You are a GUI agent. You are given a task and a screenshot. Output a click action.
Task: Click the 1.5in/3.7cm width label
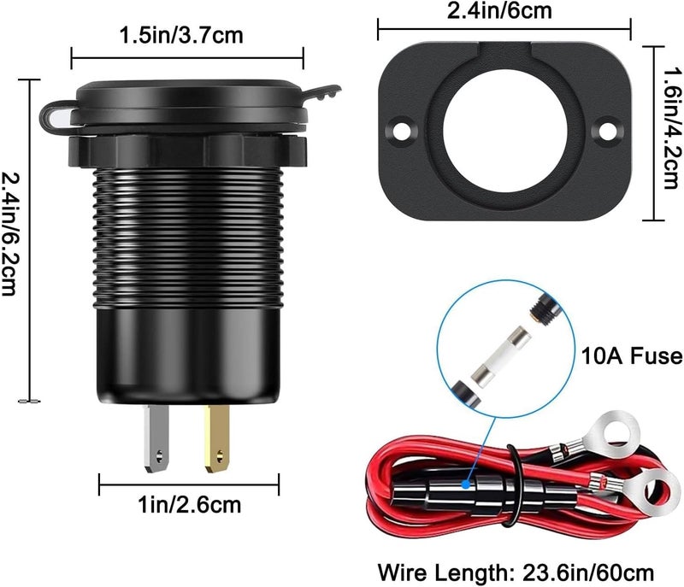pyautogui.click(x=181, y=35)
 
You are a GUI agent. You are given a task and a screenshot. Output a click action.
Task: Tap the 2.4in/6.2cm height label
pyautogui.click(x=9, y=235)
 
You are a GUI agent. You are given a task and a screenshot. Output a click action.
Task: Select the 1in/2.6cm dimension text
pyautogui.click(x=190, y=505)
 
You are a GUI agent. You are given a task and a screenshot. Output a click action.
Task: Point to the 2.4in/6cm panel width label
pyautogui.click(x=499, y=10)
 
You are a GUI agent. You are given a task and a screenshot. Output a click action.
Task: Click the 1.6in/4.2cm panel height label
pyautogui.click(x=672, y=128)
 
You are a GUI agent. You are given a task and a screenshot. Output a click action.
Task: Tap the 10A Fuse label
pyautogui.click(x=632, y=356)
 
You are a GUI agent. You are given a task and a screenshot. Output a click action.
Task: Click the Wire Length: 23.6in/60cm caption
pyautogui.click(x=516, y=572)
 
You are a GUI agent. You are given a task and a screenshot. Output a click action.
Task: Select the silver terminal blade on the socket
pyautogui.click(x=156, y=438)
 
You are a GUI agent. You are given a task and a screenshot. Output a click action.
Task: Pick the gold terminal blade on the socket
pyautogui.click(x=217, y=438)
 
